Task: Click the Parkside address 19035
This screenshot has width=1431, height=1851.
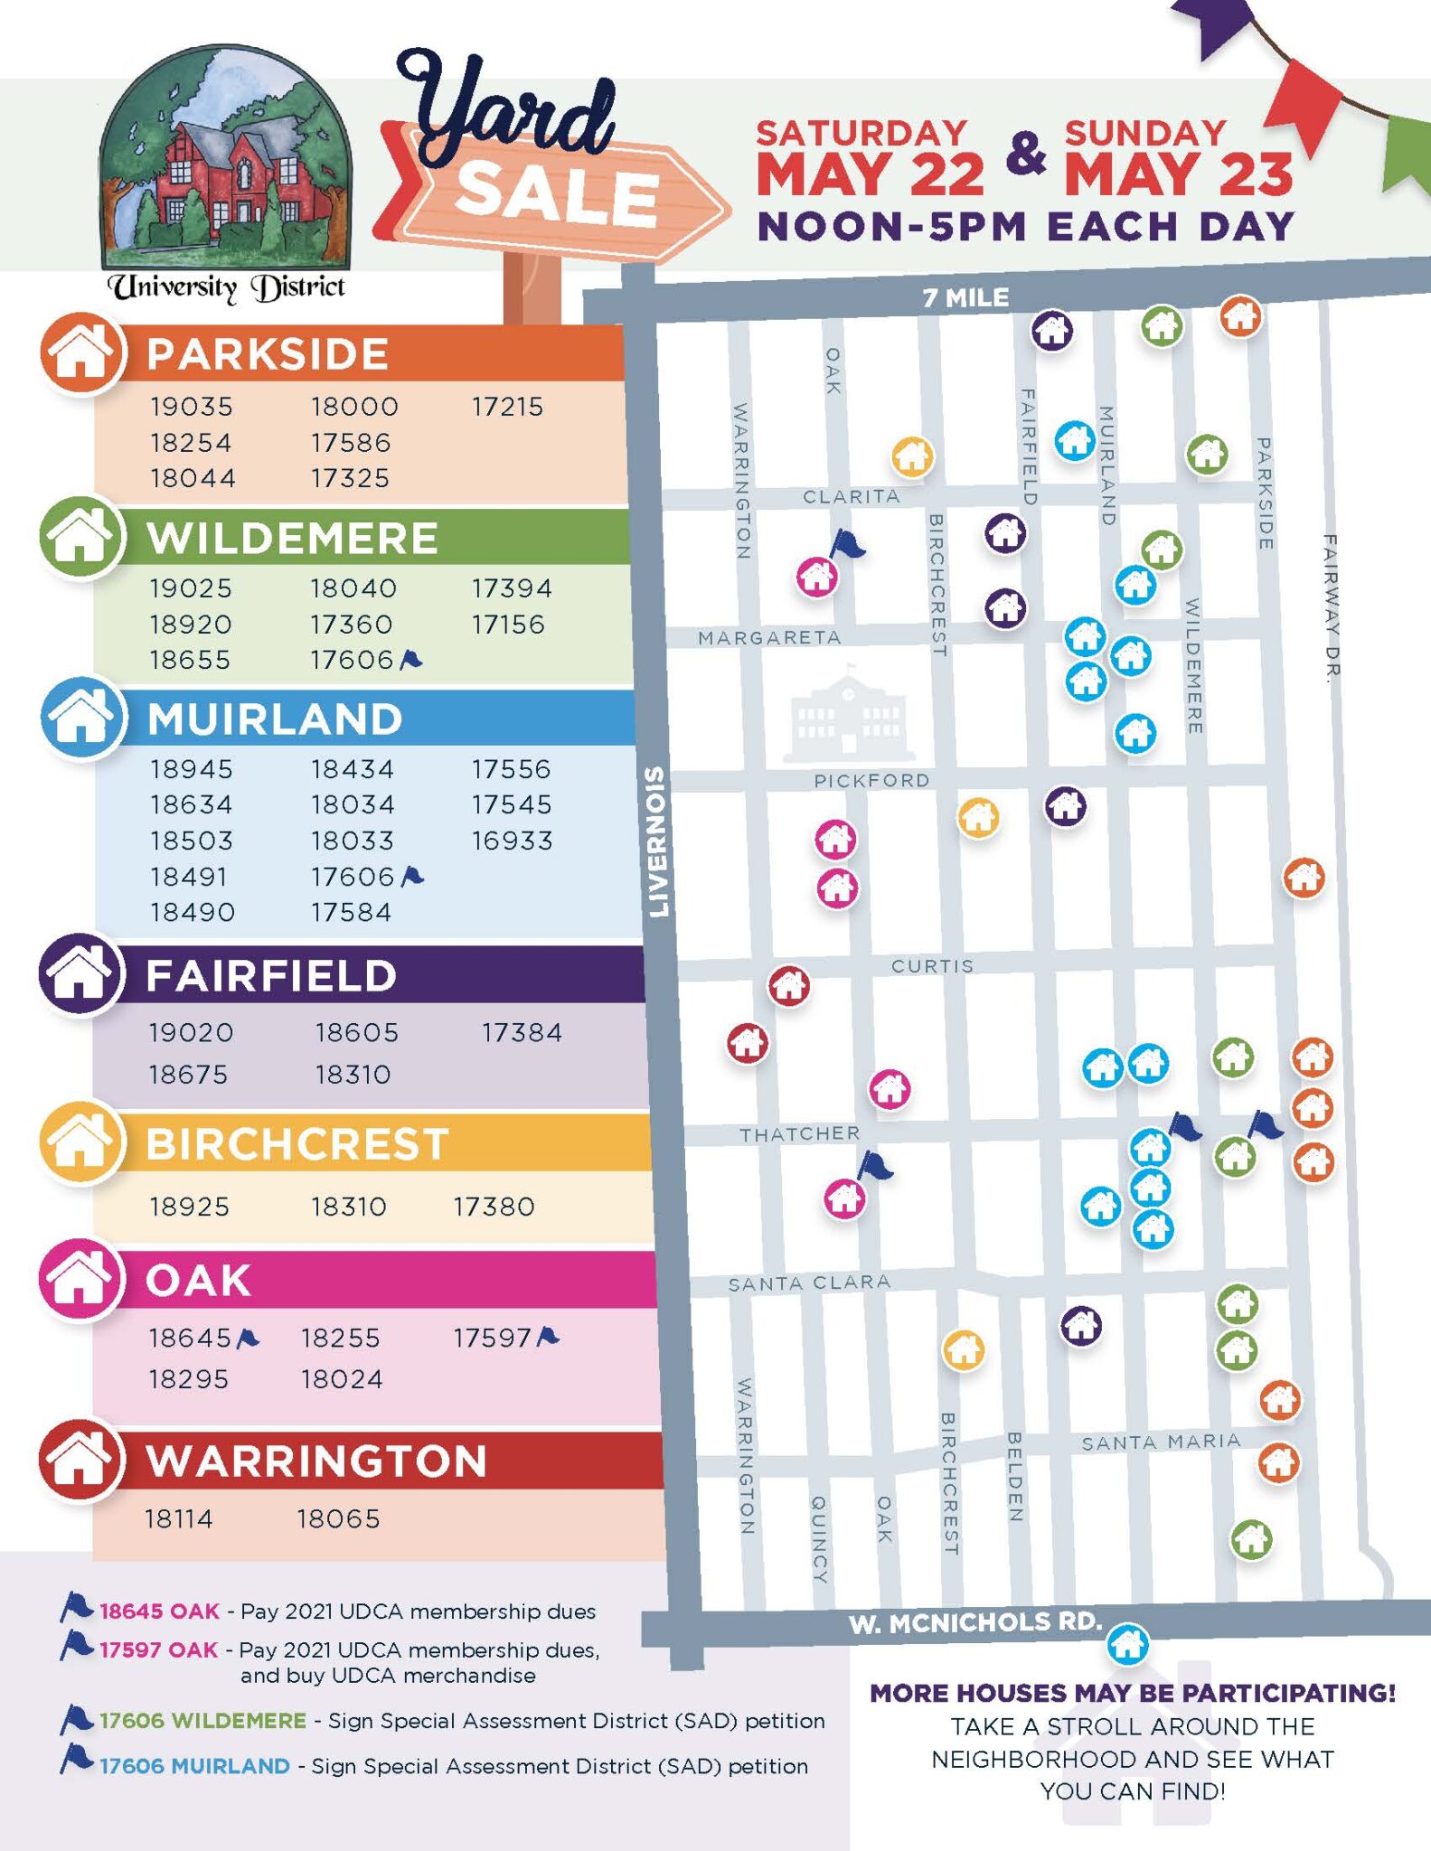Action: pos(192,407)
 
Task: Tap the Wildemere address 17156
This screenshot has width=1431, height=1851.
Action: pos(508,625)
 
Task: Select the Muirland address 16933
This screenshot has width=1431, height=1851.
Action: pos(512,841)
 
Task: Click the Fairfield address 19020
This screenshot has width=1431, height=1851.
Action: pos(191,1032)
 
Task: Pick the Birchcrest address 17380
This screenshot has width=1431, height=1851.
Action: pos(494,1207)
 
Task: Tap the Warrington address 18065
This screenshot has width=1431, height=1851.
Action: pos(338,1518)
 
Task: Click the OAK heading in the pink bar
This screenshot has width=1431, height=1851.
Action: pos(198,1281)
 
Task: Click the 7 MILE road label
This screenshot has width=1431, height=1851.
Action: pos(965,297)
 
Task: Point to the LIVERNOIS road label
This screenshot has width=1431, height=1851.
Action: pos(658,841)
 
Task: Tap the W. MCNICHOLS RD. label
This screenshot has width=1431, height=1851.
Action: pos(974,1622)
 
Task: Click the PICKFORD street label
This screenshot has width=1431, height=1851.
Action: pos(871,781)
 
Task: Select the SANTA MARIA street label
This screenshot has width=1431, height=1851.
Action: pos(1160,1442)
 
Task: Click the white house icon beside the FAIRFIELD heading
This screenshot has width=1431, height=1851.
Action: pos(80,974)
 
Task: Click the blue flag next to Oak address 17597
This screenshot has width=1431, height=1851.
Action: pos(548,1336)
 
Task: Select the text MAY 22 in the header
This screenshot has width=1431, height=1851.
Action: pos(870,174)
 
